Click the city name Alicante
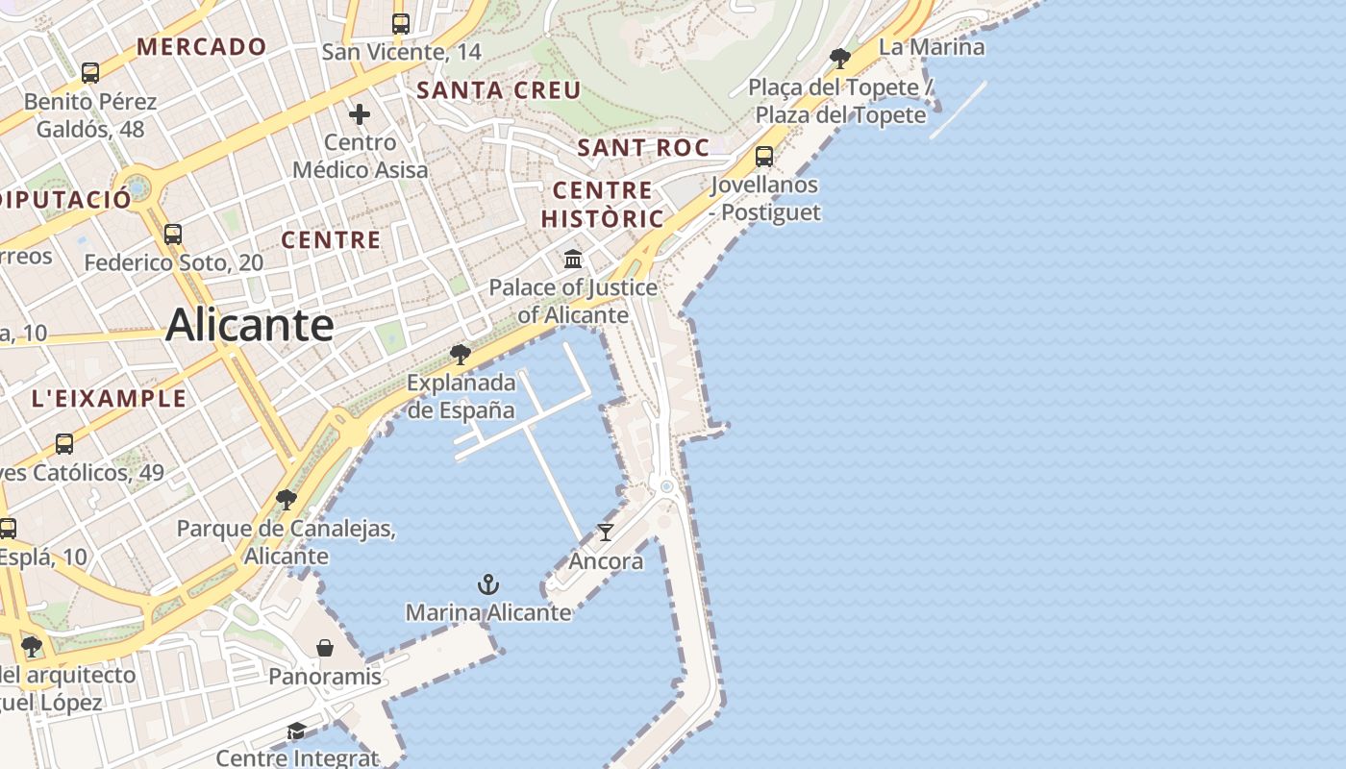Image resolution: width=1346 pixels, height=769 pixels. (250, 325)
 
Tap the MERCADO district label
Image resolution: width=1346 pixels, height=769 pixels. (202, 46)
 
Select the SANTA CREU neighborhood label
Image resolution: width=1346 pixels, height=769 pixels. (498, 90)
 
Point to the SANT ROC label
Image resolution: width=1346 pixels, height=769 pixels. (643, 147)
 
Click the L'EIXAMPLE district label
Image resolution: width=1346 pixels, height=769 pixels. (109, 398)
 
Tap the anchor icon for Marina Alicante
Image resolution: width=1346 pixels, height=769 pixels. (488, 583)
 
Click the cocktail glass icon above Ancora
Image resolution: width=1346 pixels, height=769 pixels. (606, 532)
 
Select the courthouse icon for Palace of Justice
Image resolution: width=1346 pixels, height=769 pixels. (574, 259)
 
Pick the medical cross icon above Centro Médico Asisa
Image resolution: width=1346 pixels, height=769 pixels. (360, 114)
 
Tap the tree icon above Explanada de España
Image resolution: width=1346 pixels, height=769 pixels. (461, 355)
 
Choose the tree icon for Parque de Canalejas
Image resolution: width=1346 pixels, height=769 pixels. (286, 500)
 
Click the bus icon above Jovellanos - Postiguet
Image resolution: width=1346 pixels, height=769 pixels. (764, 156)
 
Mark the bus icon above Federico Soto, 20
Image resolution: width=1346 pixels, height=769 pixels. (173, 234)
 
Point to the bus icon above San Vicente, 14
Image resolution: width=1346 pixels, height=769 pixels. (401, 24)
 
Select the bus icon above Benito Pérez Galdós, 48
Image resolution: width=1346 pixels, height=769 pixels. (90, 72)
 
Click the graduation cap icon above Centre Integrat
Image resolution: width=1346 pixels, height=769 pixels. (296, 732)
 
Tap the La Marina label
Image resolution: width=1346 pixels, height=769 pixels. (932, 46)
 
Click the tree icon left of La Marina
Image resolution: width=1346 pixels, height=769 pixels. (840, 58)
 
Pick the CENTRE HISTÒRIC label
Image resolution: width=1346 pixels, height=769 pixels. (603, 204)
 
